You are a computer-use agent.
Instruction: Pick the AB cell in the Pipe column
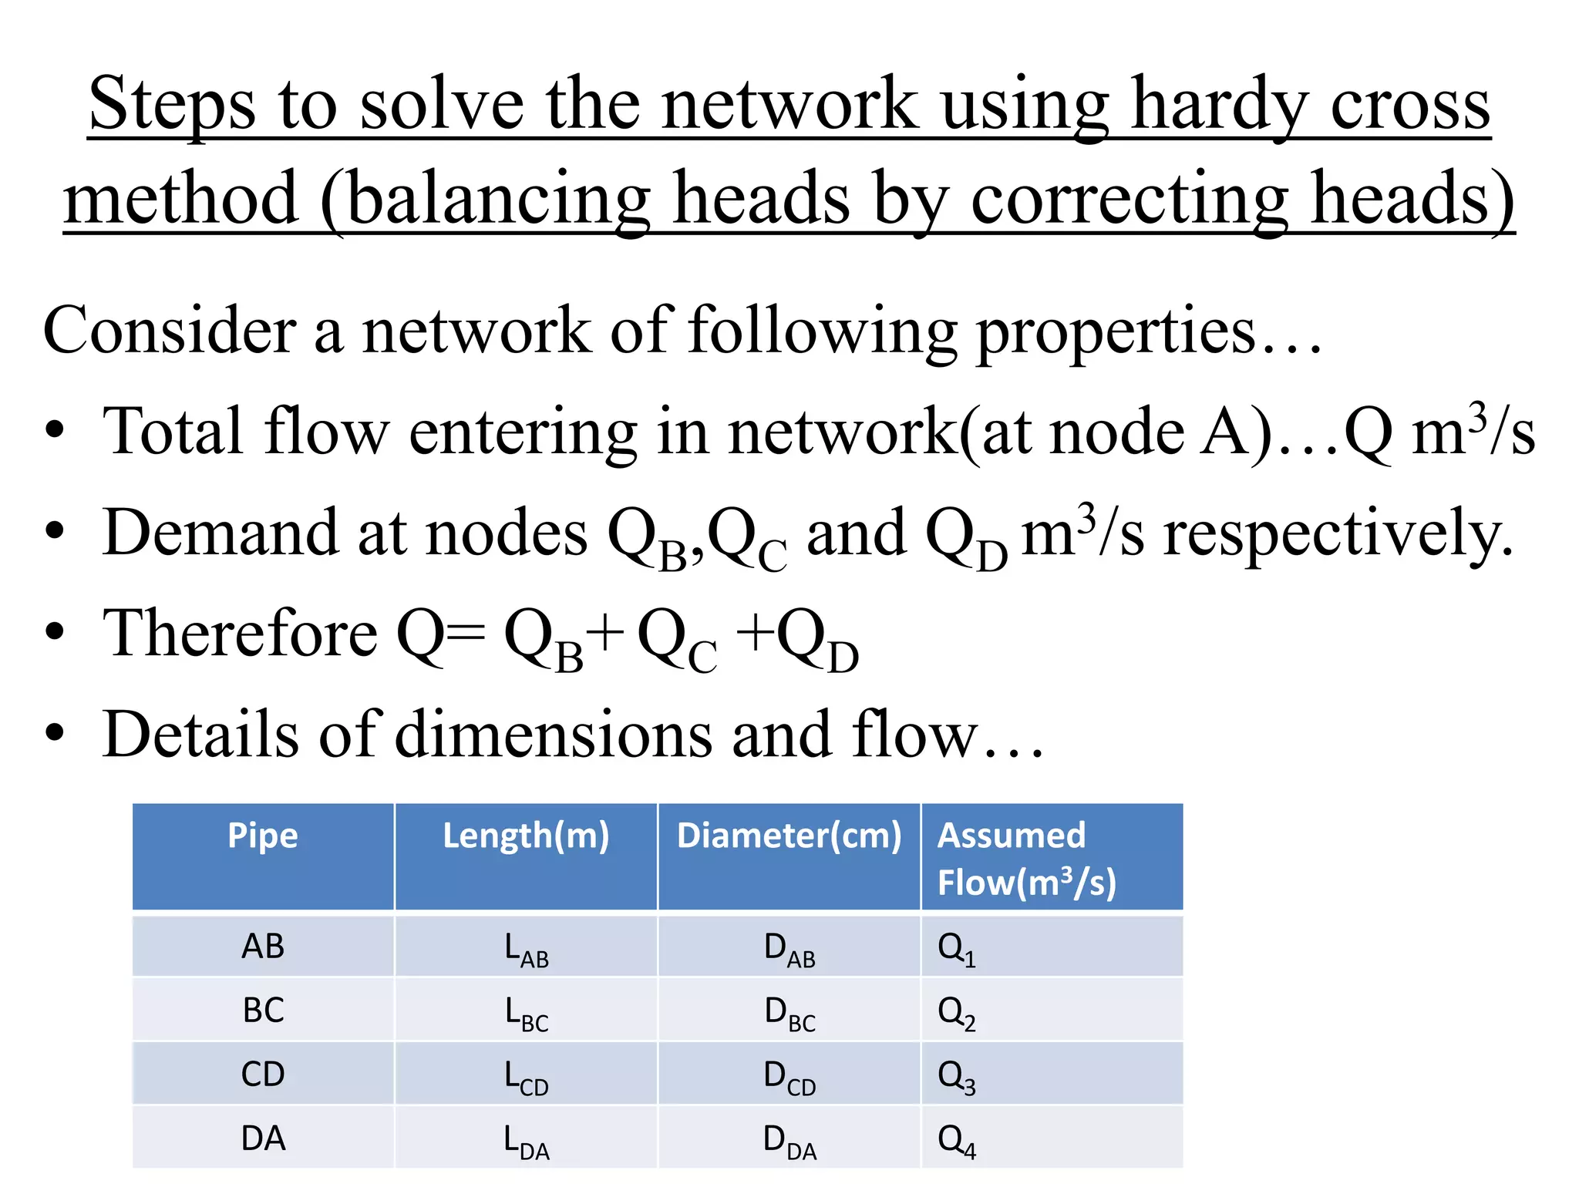[263, 946]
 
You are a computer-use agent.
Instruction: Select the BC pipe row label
[263, 1010]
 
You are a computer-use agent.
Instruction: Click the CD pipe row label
[263, 1074]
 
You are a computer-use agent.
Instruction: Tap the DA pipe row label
[263, 1139]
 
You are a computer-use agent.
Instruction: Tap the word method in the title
[180, 198]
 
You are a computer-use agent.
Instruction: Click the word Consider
[170, 330]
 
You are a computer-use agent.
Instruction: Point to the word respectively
[1338, 533]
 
